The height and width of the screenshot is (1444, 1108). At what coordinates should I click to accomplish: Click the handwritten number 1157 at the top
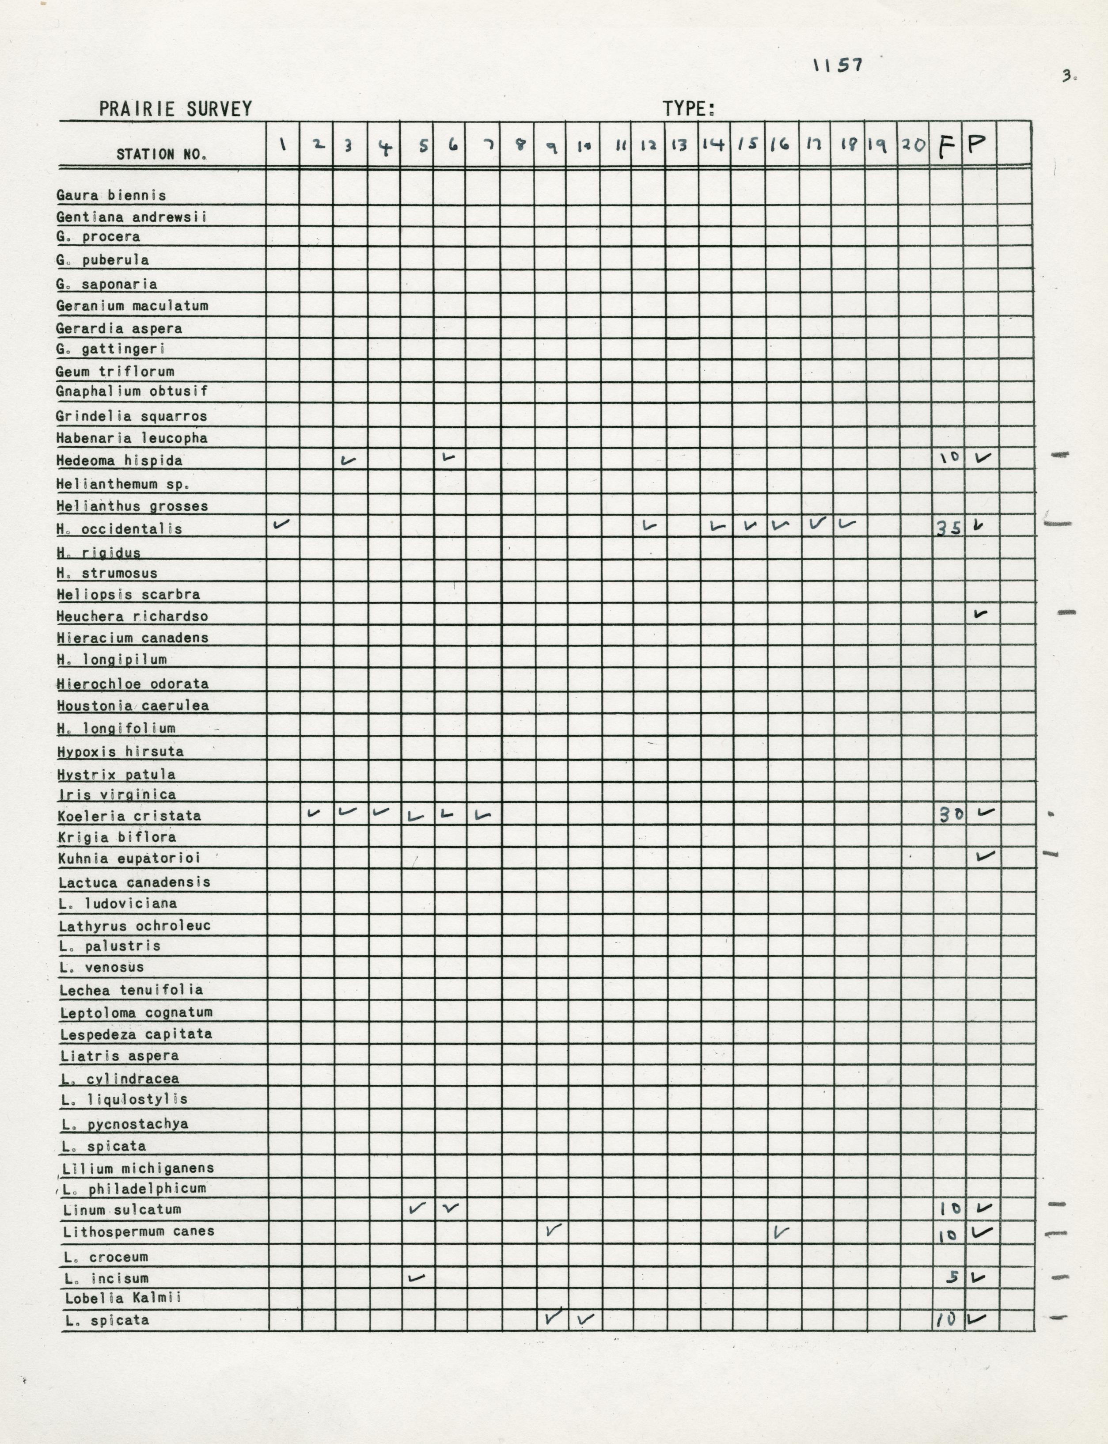838,65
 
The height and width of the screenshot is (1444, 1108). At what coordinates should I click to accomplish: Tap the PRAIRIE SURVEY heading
175,109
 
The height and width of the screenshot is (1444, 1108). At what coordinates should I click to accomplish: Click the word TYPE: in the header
689,109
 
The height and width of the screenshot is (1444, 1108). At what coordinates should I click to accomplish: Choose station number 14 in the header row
713,145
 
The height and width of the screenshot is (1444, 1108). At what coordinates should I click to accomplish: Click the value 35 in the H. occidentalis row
949,528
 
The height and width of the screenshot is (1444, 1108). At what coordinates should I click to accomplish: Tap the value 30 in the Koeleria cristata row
950,815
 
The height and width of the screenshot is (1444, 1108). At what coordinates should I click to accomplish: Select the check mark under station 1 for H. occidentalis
281,524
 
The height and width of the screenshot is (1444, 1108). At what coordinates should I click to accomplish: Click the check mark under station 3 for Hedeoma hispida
348,460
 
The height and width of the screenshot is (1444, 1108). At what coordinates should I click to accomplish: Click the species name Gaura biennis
111,195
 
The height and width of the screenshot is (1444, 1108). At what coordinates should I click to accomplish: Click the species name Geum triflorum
115,372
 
